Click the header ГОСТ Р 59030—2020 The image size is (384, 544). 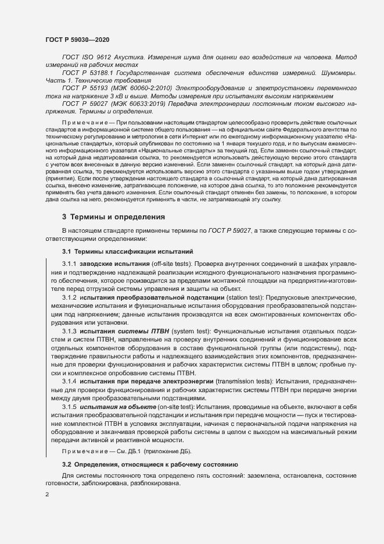click(77, 39)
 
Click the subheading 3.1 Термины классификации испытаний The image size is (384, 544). click(127, 252)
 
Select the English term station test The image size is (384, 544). click(245, 298)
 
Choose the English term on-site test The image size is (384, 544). click(177, 406)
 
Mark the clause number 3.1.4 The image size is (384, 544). click(70, 381)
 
